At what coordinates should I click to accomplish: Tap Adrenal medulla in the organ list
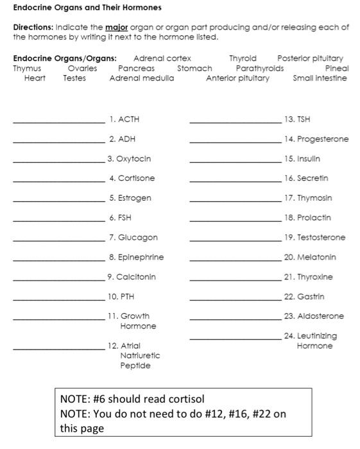click(141, 78)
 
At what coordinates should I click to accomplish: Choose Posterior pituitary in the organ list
click(310, 58)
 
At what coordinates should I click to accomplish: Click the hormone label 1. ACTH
click(124, 119)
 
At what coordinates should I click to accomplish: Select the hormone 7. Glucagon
click(133, 237)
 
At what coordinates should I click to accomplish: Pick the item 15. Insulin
click(301, 158)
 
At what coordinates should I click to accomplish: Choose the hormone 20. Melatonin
click(309, 257)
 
